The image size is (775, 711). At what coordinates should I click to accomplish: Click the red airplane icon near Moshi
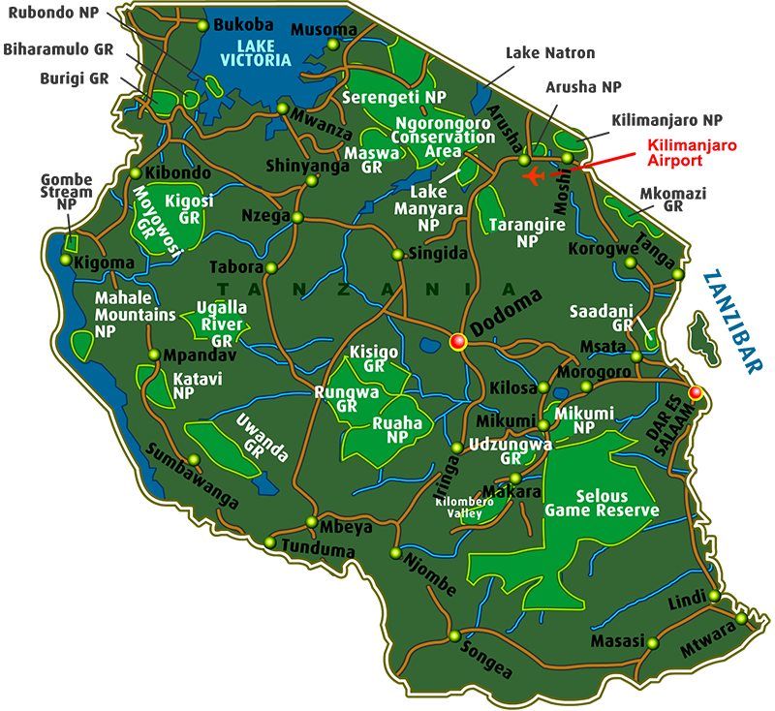533,175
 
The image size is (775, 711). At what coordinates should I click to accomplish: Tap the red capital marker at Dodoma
458,341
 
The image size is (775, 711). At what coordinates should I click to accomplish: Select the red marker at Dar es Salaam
695,392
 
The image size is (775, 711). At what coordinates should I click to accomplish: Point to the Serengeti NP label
394,98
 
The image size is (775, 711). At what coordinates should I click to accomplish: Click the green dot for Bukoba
202,26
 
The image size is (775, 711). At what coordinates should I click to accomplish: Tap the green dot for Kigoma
66,260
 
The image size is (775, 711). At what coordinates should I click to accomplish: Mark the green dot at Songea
454,636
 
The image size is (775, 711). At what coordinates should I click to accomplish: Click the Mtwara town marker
741,618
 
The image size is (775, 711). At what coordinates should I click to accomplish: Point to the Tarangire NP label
527,233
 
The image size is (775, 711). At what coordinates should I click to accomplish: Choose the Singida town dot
396,255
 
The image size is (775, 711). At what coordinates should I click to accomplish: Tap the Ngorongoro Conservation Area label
443,137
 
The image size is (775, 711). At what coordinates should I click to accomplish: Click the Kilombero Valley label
459,509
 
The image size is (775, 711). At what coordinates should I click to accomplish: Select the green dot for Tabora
271,267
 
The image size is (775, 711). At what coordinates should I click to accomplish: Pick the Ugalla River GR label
221,324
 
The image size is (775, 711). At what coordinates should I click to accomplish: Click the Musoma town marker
333,44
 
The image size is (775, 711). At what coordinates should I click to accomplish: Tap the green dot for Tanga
677,276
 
